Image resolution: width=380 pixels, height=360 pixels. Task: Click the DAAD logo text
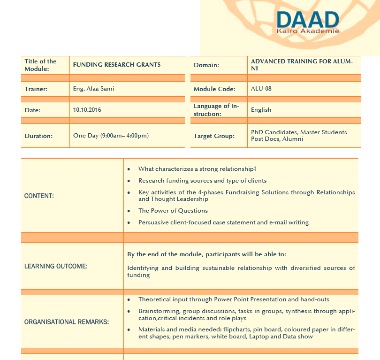tap(307, 19)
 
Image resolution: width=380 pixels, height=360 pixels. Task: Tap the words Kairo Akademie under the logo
tap(307, 31)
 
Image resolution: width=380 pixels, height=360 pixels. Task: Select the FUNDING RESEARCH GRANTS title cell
tap(117, 65)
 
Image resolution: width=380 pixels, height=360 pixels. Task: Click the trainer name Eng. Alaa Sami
tap(93, 89)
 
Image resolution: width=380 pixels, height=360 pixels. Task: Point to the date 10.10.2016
tap(87, 110)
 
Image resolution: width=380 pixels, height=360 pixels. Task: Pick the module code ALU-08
tap(261, 88)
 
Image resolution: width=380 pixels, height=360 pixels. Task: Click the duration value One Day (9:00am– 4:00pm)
tap(111, 136)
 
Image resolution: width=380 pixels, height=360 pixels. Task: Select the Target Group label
tap(214, 136)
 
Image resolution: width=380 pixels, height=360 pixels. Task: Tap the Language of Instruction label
tap(216, 110)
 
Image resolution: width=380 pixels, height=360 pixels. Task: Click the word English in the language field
tap(261, 110)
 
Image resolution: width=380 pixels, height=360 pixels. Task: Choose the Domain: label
tap(206, 65)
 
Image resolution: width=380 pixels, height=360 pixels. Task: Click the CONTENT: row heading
tap(39, 196)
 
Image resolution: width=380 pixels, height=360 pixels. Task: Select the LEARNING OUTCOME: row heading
tap(56, 266)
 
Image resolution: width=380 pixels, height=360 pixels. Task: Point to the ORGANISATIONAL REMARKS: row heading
tap(67, 322)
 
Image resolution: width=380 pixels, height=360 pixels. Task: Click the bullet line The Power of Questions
tap(173, 211)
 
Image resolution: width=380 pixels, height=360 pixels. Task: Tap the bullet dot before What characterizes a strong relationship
tap(129, 169)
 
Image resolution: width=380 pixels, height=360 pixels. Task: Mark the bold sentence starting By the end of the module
tap(206, 254)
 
